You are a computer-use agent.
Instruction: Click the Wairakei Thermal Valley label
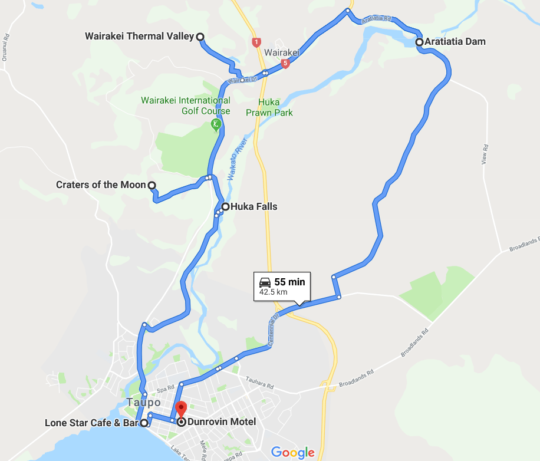pyautogui.click(x=139, y=37)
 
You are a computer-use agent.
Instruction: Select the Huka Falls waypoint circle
pyautogui.click(x=225, y=207)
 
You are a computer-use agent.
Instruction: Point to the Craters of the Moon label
pyautogui.click(x=101, y=185)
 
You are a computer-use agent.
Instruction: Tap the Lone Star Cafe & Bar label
pyautogui.click(x=91, y=423)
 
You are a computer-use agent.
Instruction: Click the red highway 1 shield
pyautogui.click(x=256, y=42)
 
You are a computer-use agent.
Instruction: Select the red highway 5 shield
pyautogui.click(x=285, y=63)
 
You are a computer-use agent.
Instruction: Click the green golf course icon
pyautogui.click(x=216, y=124)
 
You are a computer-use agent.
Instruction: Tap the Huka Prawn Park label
pyautogui.click(x=269, y=107)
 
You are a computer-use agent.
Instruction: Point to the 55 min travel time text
pyautogui.click(x=289, y=282)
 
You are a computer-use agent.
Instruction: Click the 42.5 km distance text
pyautogui.click(x=274, y=292)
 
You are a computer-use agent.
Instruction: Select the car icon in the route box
pyautogui.click(x=265, y=282)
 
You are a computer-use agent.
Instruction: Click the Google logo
pyautogui.click(x=293, y=452)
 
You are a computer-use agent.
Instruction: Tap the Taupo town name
pyautogui.click(x=143, y=403)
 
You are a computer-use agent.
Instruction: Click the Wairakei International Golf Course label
pyautogui.click(x=186, y=106)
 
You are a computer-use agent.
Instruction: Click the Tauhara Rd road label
pyautogui.click(x=261, y=386)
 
